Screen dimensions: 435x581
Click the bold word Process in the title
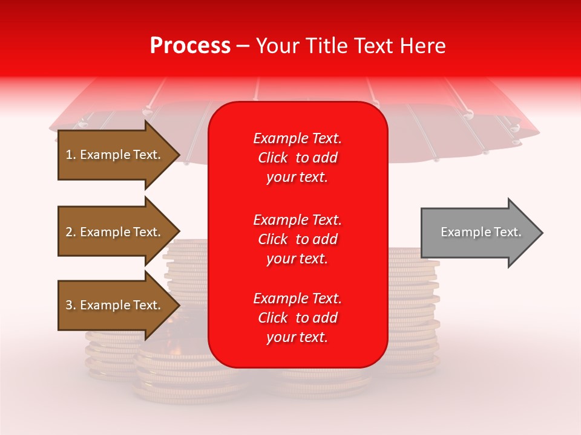tap(190, 46)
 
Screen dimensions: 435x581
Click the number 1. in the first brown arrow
tap(71, 155)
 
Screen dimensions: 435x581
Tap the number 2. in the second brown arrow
tap(71, 232)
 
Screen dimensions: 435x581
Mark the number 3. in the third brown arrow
tap(71, 305)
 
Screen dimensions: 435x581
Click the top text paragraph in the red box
tap(297, 158)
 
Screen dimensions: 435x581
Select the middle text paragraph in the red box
tap(297, 239)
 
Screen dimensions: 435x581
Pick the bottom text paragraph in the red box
tap(297, 318)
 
